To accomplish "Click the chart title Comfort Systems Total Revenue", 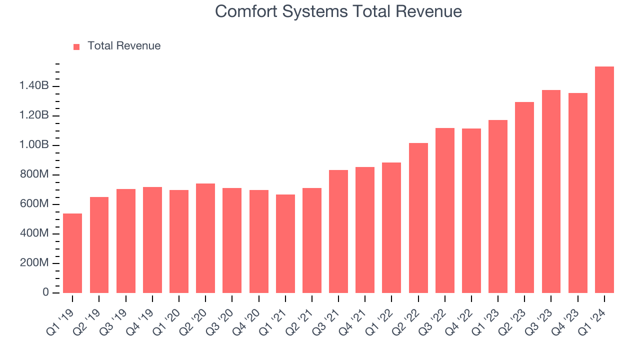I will click(338, 11).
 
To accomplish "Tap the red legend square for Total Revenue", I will click(76, 46).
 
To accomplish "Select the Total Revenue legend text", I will click(124, 46).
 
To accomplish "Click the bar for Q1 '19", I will click(72, 253).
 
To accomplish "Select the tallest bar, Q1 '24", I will click(604, 180).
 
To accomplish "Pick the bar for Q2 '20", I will click(205, 238).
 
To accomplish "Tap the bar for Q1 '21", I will click(285, 243).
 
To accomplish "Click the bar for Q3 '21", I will click(338, 231).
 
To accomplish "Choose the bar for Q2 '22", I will click(418, 218).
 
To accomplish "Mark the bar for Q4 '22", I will click(471, 210).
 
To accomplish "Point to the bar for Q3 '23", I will click(551, 191).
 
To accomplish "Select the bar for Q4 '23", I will click(577, 193).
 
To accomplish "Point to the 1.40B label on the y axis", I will click(34, 86).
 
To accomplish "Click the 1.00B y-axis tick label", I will click(34, 145).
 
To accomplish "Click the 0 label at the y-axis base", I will click(45, 292).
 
